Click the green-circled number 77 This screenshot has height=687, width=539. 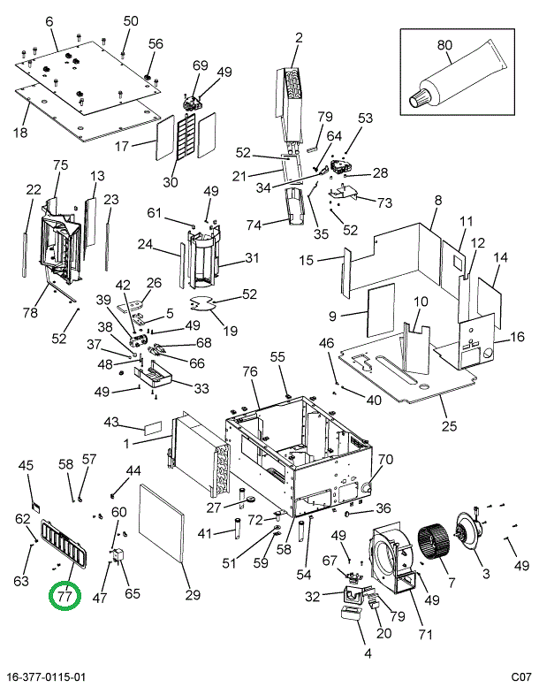pos(65,596)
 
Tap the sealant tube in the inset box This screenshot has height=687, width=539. pos(459,74)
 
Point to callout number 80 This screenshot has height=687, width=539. pos(444,45)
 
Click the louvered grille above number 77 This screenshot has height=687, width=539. pos(65,545)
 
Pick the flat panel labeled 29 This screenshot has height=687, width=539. pos(162,523)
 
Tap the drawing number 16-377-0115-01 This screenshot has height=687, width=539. pos(46,676)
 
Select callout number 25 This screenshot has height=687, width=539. pos(449,425)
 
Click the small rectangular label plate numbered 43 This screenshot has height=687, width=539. pos(152,428)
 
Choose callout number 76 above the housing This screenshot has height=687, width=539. pos(250,372)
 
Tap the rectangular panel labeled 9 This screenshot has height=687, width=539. pos(381,309)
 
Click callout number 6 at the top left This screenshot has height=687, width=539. pos(49,21)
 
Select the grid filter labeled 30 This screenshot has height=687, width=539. pos(186,135)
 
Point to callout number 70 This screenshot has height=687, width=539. pos(385,459)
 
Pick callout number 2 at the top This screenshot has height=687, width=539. pos(299,38)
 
